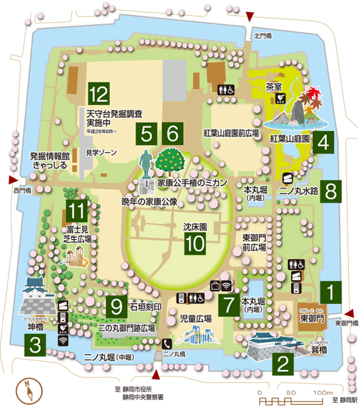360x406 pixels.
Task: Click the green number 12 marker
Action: pyautogui.click(x=98, y=93)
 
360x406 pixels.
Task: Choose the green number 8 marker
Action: pyautogui.click(x=330, y=191)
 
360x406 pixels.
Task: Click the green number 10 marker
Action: pyautogui.click(x=195, y=244)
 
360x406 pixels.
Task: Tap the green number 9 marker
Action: pyautogui.click(x=117, y=307)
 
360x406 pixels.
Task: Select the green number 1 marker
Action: pyautogui.click(x=330, y=292)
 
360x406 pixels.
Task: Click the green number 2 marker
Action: pyautogui.click(x=283, y=362)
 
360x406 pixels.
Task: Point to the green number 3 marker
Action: pyautogui.click(x=35, y=345)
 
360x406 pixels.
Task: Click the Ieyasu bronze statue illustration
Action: pyautogui.click(x=147, y=164)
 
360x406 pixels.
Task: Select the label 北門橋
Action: pyautogui.click(x=262, y=37)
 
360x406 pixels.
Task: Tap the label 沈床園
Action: pyautogui.click(x=195, y=227)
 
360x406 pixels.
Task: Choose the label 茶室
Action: pyautogui.click(x=274, y=86)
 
